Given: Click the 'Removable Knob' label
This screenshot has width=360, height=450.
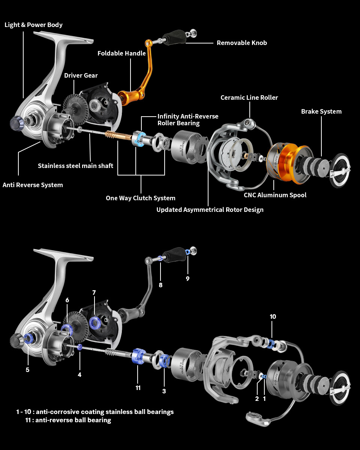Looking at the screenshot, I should point(242,43).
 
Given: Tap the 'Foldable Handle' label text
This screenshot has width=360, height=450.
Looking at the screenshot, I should point(121,53).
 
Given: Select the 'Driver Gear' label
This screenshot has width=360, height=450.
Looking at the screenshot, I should point(81,75).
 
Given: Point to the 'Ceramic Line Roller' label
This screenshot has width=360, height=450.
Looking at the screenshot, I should point(249,97).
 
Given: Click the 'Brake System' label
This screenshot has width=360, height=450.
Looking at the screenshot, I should point(321,111).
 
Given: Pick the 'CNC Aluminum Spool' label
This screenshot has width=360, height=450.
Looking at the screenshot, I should point(275,195).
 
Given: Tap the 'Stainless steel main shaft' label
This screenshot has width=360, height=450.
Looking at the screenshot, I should point(75,166).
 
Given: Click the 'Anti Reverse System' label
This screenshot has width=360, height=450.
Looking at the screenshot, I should point(33,185).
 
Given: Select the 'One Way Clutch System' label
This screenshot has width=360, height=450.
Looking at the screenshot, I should point(140,198).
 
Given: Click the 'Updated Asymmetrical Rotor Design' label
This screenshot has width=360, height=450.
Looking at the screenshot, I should point(210,210).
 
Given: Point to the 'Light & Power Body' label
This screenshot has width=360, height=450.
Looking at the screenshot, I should point(33,25).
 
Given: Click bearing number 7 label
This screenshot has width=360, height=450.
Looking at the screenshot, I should point(94,292).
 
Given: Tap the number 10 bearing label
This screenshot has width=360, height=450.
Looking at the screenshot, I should point(273,316).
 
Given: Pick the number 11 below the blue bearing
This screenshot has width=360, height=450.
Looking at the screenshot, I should point(138,388).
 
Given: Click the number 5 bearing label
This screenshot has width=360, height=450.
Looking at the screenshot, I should point(27,369).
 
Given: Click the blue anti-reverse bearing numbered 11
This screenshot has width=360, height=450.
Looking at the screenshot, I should point(138,356).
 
